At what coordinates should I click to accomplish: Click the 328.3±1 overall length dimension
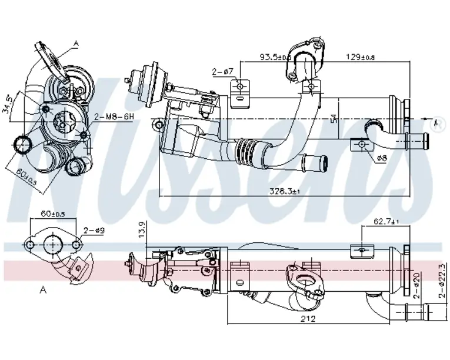pos(284,191)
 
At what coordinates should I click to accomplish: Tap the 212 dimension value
pos(308,319)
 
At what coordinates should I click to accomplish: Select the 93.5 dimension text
pos(274,57)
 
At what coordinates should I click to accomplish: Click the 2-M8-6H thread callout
pos(116,117)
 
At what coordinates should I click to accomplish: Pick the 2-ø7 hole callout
pos(224,72)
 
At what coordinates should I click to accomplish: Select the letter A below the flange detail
pos(42,289)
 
